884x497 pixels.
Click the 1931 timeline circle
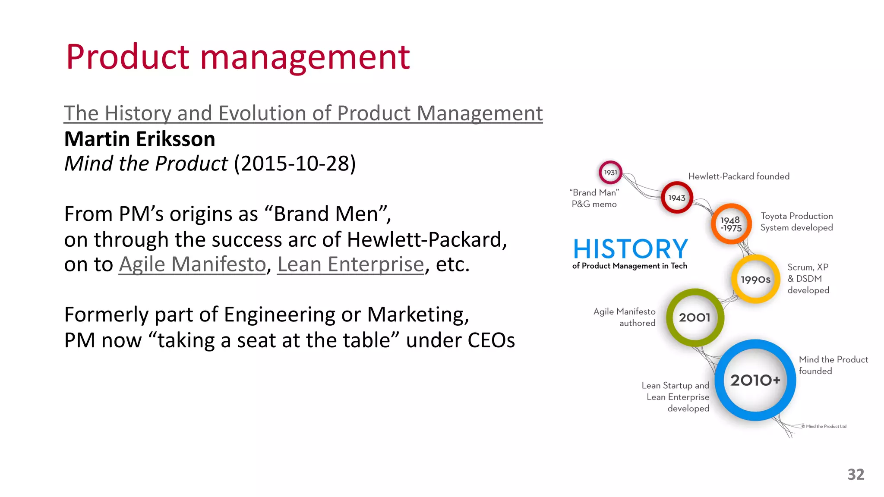610,173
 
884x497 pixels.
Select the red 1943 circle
677,198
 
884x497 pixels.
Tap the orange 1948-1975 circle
731,224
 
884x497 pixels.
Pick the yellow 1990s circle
755,280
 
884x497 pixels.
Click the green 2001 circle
695,318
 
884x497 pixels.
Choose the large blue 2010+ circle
755,380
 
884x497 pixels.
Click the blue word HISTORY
630,249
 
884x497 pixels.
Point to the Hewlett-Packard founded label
739,176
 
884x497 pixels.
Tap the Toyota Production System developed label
796,222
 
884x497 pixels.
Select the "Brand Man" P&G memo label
594,198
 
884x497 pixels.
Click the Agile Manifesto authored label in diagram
625,317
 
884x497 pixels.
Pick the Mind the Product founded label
833,365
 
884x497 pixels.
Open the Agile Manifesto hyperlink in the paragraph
193,264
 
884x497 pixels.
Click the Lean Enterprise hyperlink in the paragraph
350,264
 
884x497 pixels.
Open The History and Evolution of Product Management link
303,113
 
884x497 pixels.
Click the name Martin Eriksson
139,139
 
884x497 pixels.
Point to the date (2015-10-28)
295,164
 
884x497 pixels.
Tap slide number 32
856,475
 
